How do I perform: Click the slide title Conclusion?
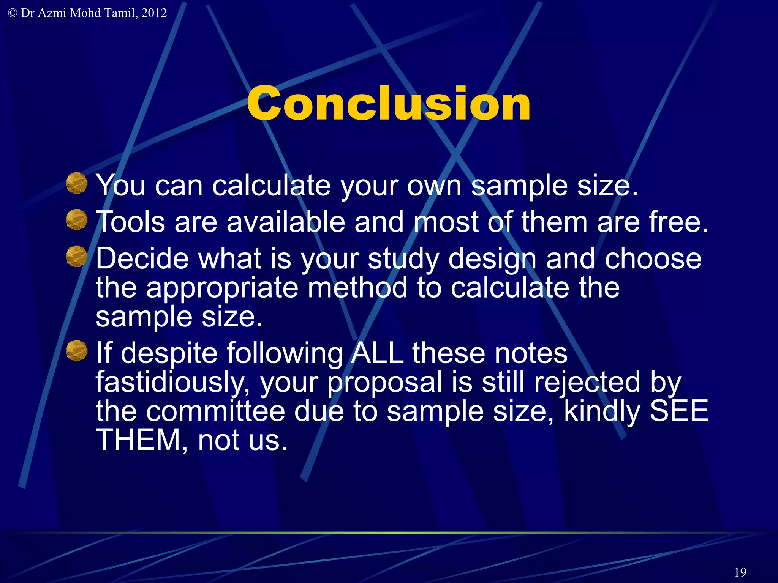[x=388, y=104]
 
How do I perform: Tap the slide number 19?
[x=740, y=572]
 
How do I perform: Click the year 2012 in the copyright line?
[x=154, y=13]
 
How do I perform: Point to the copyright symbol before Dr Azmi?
[x=12, y=13]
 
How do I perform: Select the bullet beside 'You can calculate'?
[x=77, y=183]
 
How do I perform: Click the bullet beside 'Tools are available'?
[x=77, y=219]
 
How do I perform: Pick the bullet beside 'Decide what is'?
[x=77, y=256]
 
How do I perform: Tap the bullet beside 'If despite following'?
[x=77, y=350]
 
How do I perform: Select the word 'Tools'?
[x=130, y=222]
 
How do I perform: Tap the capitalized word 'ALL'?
[x=377, y=353]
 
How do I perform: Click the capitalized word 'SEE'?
[x=679, y=411]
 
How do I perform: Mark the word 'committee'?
[x=215, y=411]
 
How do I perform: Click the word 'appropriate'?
[x=222, y=288]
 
